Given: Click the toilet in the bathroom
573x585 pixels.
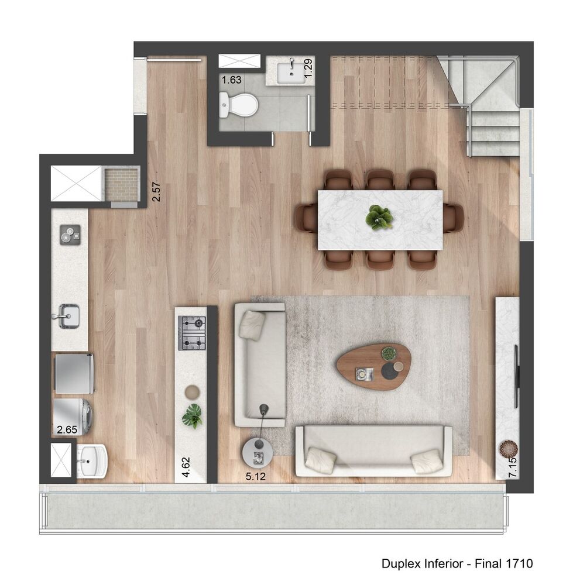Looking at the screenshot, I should pos(239,106).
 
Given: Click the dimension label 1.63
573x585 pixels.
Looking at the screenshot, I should pos(231,80).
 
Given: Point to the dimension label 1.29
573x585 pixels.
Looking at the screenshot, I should pos(309,68).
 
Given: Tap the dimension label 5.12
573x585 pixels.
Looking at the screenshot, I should pos(256,477).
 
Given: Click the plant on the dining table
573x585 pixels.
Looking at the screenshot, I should pos(379,217).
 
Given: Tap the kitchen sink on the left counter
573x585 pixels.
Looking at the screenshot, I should pos(68,316).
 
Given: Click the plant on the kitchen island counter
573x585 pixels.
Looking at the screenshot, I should pos(192,415).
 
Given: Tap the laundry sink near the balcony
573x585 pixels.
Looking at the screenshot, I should pos(92,461).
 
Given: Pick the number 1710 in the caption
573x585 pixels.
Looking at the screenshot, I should pos(520,564).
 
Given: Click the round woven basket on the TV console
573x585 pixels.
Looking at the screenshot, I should pos(508,449).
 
